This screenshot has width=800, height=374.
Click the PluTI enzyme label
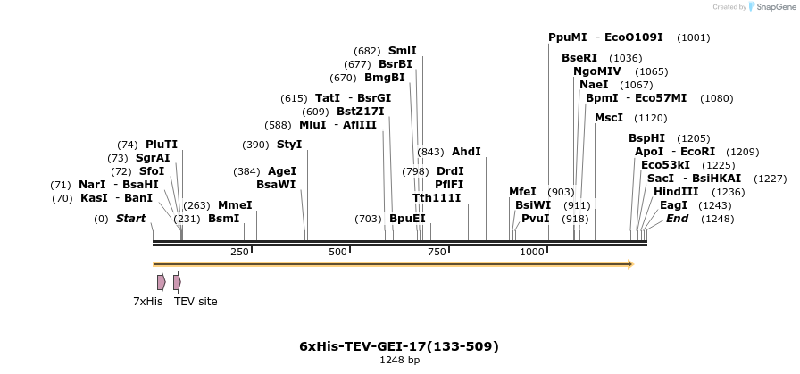(x=162, y=145)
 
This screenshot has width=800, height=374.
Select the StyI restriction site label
(x=289, y=145)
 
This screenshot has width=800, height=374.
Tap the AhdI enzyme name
(x=466, y=152)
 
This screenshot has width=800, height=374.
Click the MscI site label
(x=609, y=118)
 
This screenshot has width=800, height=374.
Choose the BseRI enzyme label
(x=579, y=58)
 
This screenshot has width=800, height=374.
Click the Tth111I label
(x=437, y=197)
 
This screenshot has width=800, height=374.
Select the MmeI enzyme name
(x=235, y=205)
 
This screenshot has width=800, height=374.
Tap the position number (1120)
(x=650, y=118)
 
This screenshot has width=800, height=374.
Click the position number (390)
(x=255, y=145)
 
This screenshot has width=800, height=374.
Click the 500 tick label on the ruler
(x=337, y=253)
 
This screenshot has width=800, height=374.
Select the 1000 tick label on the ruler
(x=533, y=253)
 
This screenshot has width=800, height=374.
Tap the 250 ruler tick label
(x=239, y=253)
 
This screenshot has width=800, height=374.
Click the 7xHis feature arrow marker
(x=161, y=282)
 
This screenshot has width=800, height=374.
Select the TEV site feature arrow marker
(x=177, y=282)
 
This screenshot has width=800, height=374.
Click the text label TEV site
(x=196, y=302)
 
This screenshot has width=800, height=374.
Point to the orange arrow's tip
(x=631, y=264)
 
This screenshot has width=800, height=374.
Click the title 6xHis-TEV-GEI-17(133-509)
(x=399, y=346)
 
